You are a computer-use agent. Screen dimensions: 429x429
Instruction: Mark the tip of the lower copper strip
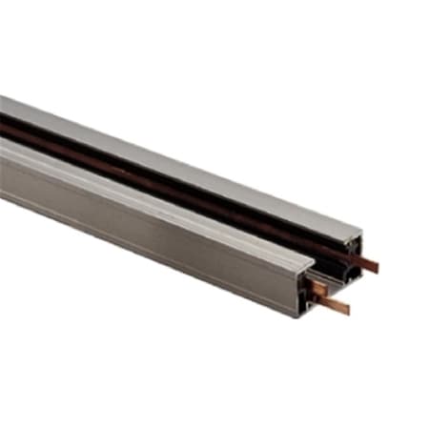point(347,310)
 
